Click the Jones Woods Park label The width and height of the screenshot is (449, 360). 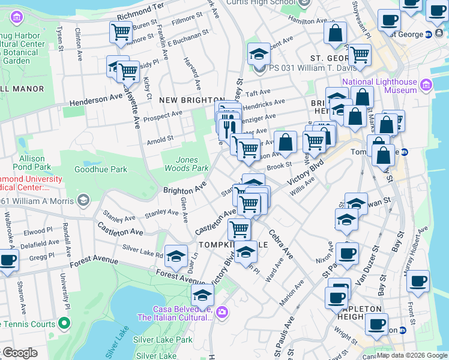(191, 164)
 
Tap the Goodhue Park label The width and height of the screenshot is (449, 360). (101, 169)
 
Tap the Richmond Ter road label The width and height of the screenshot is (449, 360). (141, 7)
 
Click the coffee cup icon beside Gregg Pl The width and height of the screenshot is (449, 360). (7, 261)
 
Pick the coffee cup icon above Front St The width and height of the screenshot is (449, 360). (418, 281)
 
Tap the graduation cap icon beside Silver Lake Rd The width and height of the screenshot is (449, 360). (176, 256)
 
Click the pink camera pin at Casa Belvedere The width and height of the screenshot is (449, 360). (223, 311)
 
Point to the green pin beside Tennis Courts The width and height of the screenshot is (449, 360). (64, 324)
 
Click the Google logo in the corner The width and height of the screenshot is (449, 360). (20, 353)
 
